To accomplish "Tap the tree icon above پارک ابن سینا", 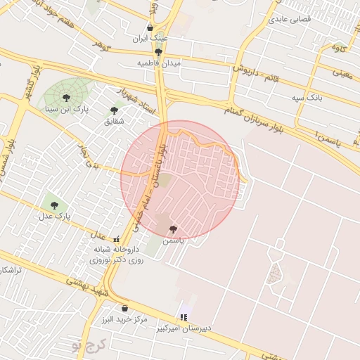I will [66, 98].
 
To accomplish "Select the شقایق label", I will [113, 122].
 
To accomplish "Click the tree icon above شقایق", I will [114, 110].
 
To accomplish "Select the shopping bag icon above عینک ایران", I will [150, 27].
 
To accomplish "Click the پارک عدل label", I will [54, 217].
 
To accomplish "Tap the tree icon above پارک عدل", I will [55, 205].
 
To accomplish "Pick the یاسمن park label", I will [173, 240].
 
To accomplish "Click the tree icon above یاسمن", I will [173, 229].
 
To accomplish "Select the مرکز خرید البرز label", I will [124, 319].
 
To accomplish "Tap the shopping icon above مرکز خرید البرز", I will [124, 308].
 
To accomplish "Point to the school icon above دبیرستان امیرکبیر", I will [184, 317].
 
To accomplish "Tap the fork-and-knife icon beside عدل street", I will [115, 239].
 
